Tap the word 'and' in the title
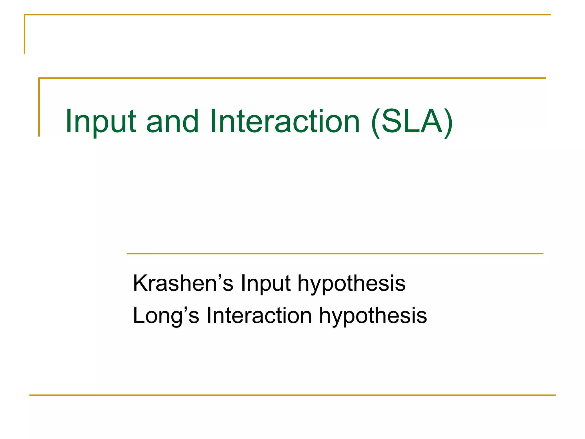(172, 121)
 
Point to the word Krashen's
(183, 283)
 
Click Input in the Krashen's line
(266, 283)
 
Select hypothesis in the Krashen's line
(351, 283)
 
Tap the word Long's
(166, 316)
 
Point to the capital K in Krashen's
(140, 283)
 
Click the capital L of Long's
(139, 316)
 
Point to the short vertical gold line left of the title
(39, 107)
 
